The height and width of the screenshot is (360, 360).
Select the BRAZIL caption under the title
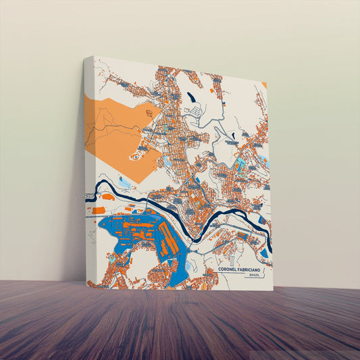click(x=254, y=276)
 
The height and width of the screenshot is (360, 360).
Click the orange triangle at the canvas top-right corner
click(x=265, y=85)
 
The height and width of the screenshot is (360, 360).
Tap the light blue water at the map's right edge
click(x=263, y=162)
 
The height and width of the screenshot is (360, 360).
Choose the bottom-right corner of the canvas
click(x=273, y=290)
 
